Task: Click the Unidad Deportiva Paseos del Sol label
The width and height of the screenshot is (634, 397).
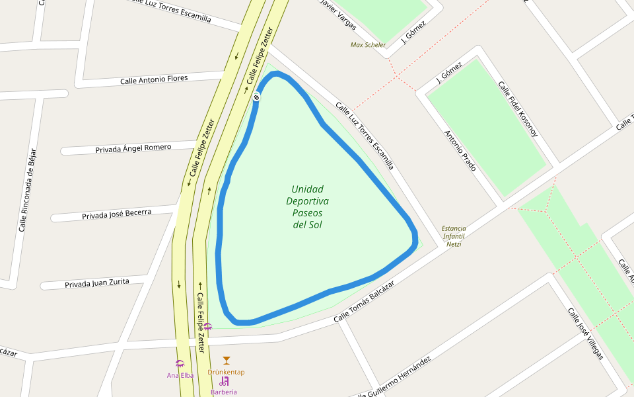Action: point(307,207)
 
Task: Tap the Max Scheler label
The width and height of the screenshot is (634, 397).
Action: point(368,45)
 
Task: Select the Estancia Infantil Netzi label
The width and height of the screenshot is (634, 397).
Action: point(454,236)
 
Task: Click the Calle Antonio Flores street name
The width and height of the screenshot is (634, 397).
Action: point(154,79)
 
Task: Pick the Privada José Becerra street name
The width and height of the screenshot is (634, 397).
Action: point(116,214)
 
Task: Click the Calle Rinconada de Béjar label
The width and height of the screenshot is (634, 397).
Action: point(27,189)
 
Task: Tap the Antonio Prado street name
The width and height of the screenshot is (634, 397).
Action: point(460,151)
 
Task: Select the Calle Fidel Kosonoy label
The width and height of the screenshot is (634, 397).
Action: point(518,109)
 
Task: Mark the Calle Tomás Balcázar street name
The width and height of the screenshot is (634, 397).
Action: point(364,302)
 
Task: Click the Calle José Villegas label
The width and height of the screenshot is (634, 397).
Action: point(586,333)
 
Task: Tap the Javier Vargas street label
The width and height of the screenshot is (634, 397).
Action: point(337,15)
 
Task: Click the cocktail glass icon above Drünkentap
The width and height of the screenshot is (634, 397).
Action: point(227,361)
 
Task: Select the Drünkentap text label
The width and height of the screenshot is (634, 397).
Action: point(226,372)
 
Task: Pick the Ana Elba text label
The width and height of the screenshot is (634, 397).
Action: point(180,375)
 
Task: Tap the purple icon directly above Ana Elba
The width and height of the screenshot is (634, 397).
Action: point(180,363)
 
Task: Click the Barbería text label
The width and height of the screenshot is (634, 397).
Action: point(223,392)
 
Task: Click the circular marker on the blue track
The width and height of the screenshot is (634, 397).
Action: point(256,97)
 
